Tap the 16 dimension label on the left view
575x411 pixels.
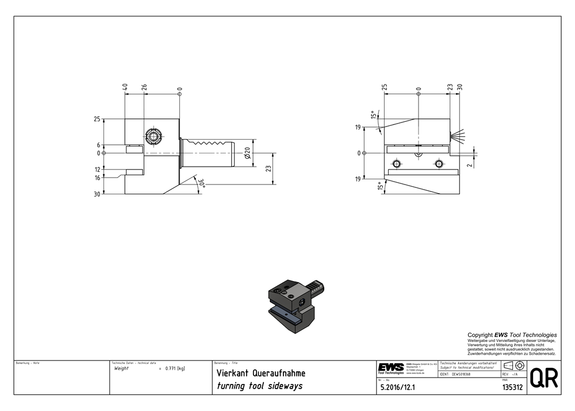click(98, 178)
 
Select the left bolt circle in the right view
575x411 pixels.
click(395, 164)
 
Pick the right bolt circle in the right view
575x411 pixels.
click(439, 164)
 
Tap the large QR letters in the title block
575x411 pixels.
click(543, 378)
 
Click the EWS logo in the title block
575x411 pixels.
click(390, 368)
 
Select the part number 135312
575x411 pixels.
click(512, 387)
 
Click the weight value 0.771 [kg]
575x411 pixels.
click(175, 368)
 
